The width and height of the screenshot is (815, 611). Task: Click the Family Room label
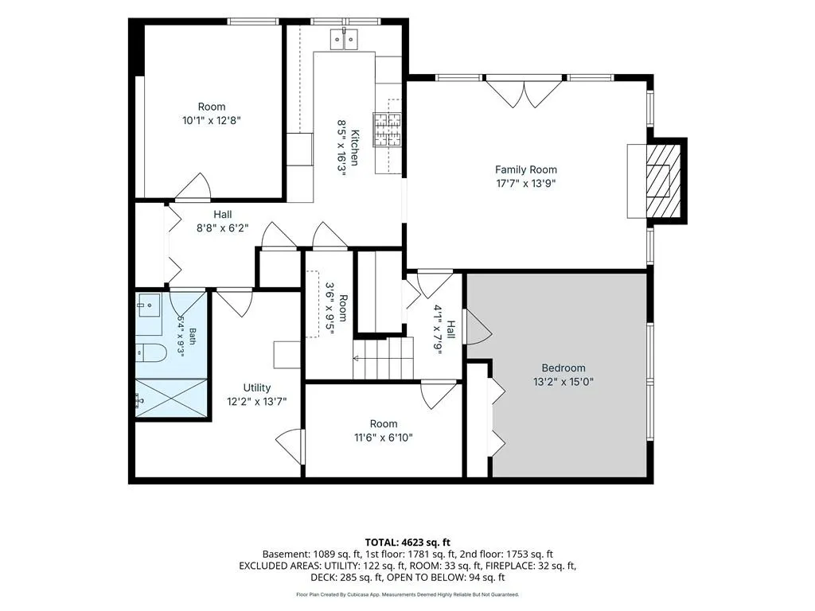tap(525, 169)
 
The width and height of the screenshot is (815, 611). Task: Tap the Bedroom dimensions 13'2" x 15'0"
tap(563, 382)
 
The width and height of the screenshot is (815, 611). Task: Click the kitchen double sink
tap(344, 39)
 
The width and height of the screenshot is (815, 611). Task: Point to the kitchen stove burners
tap(388, 130)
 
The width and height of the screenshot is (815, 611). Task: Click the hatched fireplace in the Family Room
tap(663, 181)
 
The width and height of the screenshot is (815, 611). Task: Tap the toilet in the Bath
tap(150, 354)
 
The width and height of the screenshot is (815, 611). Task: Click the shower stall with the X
tap(171, 398)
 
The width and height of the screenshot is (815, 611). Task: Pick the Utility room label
tap(257, 387)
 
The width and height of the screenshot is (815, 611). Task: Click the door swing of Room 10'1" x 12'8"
tap(193, 186)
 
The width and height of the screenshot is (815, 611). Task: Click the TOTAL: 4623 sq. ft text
tap(407, 543)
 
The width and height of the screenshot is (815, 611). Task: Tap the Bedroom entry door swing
tap(478, 327)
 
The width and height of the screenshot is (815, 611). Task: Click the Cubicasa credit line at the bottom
tap(407, 594)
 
